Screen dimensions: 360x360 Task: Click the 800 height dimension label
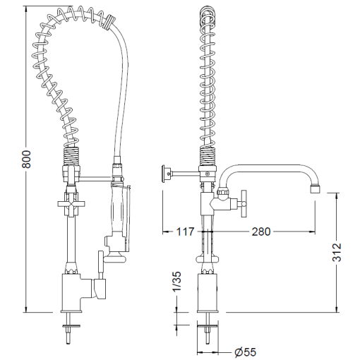pos(26,159)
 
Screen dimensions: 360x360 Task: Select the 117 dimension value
pos(185,232)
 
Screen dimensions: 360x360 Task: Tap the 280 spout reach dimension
pos(261,232)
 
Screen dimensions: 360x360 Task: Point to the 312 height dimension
pos(337,252)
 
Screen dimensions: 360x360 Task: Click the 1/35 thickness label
pos(176,282)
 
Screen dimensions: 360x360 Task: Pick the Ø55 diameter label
pos(245,352)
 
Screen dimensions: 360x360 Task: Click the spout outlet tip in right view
pos(315,189)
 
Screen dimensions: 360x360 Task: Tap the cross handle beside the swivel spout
pos(243,203)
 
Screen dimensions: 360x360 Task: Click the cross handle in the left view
pos(71,203)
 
